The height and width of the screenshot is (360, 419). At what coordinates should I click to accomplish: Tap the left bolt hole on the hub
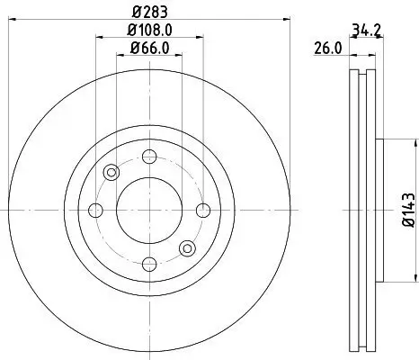95,210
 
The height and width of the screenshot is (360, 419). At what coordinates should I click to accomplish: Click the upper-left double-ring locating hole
111,172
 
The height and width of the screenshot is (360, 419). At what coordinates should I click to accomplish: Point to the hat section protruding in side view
378,210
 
